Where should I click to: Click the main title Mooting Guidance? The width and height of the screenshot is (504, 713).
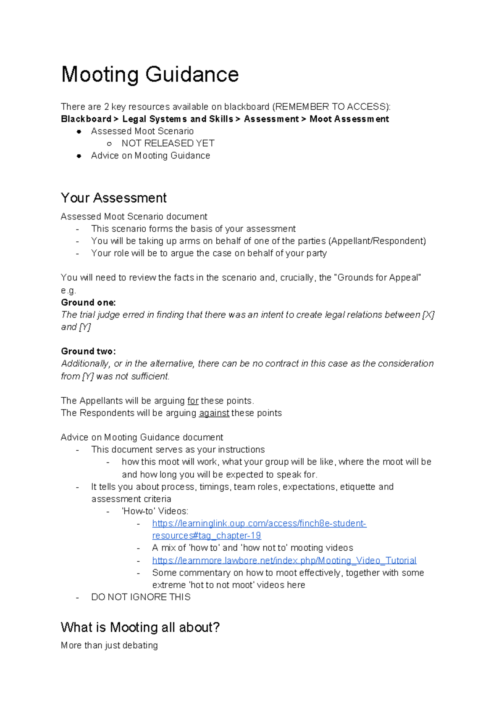click(x=150, y=74)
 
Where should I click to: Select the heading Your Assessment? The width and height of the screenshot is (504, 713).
click(x=114, y=198)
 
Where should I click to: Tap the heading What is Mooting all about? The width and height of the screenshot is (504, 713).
click(x=140, y=627)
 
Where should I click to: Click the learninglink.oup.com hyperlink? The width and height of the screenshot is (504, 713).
click(x=259, y=523)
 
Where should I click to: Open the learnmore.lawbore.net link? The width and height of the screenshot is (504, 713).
click(x=284, y=560)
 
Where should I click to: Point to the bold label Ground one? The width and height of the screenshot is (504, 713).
click(x=88, y=302)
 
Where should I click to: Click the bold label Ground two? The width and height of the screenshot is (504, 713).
click(x=88, y=351)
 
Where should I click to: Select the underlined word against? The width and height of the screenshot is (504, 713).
click(x=214, y=413)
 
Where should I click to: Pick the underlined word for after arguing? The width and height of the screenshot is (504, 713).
click(x=193, y=401)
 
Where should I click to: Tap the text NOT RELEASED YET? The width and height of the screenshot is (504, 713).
click(x=168, y=143)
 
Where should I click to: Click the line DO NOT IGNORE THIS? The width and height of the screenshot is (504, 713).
click(x=141, y=597)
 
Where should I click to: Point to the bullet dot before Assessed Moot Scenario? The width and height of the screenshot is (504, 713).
click(x=79, y=132)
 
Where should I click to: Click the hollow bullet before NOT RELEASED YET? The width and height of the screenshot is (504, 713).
click(x=109, y=144)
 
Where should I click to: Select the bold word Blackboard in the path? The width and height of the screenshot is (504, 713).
click(x=86, y=119)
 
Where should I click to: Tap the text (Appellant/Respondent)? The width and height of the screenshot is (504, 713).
click(x=377, y=241)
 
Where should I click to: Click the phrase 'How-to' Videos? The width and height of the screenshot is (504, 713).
click(x=155, y=511)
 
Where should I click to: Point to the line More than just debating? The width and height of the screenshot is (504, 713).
click(x=109, y=645)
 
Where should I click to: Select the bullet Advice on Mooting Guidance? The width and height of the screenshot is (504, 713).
click(x=150, y=156)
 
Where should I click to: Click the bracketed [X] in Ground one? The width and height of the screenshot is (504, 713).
click(x=428, y=314)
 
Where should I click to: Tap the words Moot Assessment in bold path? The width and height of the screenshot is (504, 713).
click(x=349, y=119)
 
